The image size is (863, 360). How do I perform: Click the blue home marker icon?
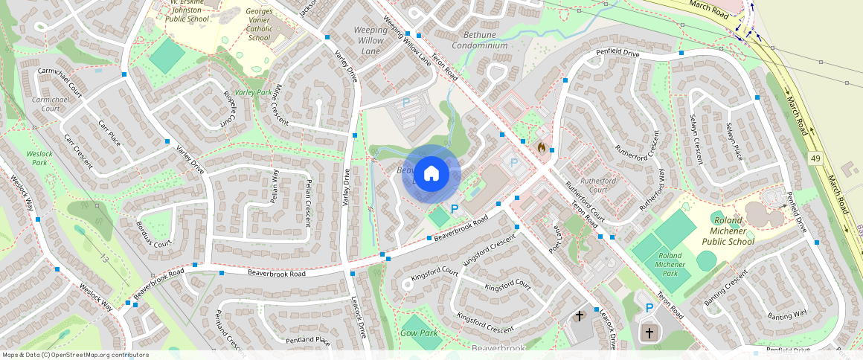point(431,174)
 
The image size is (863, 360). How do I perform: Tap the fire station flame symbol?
point(542,148)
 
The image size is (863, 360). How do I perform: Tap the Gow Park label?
point(419,333)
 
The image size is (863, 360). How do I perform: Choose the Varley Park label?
point(254,92)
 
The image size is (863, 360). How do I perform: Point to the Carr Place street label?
point(109,130)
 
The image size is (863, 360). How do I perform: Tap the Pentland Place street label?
point(307,341)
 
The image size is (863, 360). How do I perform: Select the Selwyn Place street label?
point(734,142)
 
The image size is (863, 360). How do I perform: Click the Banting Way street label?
point(787,315)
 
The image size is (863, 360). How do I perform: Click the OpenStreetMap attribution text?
point(76,355)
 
